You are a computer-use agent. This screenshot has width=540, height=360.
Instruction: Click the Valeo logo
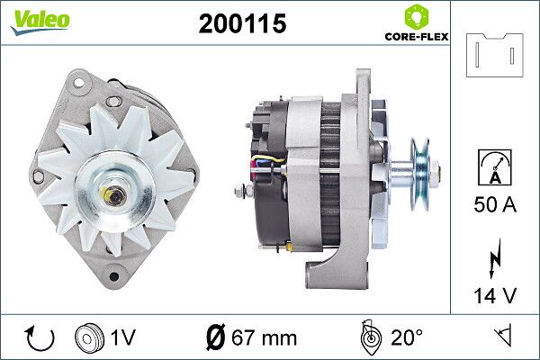tap(40, 22)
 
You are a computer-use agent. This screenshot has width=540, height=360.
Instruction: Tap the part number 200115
tap(242, 23)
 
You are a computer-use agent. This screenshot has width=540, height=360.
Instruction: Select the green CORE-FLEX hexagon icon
tap(417, 16)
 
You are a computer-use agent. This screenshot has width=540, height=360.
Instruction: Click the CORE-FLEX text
tap(417, 37)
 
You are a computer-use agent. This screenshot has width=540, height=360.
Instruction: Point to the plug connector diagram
tap(494, 55)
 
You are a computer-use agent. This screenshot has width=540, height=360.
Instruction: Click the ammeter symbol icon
tap(495, 167)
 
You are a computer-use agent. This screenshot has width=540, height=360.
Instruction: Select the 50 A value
tap(495, 204)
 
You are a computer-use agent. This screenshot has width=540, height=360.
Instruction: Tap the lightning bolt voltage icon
tap(495, 258)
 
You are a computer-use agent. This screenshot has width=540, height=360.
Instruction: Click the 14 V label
tap(495, 295)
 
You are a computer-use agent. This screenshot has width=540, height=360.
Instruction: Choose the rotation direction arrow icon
tap(40, 338)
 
